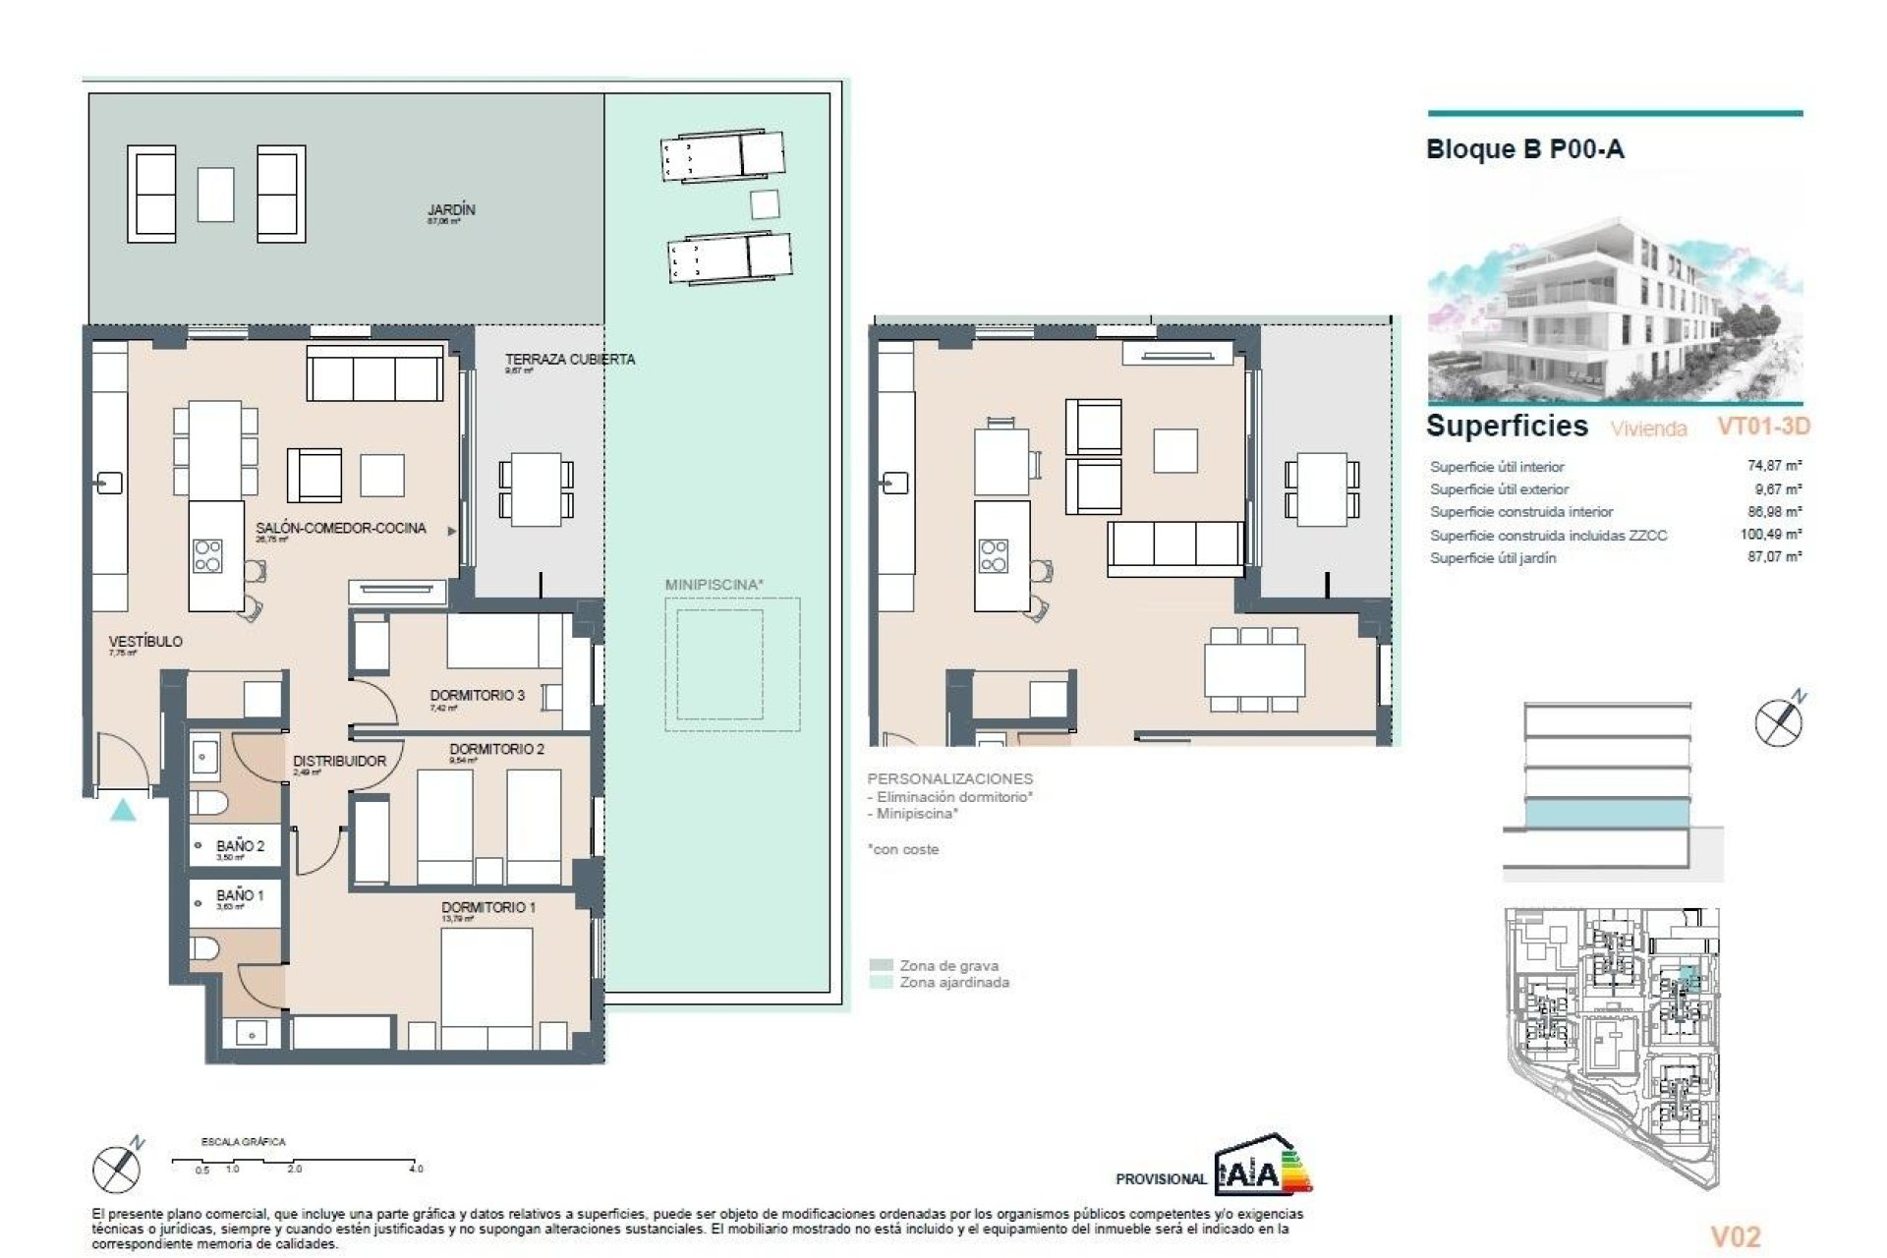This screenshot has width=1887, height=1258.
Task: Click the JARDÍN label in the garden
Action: (451, 209)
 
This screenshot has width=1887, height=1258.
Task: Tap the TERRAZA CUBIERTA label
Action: (570, 359)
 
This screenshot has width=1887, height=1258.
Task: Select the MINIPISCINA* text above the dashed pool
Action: (715, 585)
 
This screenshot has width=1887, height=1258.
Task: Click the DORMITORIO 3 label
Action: (477, 695)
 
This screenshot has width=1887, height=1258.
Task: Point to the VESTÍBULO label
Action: (145, 641)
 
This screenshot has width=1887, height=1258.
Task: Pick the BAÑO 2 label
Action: (240, 845)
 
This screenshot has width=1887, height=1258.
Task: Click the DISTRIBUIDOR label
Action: (339, 761)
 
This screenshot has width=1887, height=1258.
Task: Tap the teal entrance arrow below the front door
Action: (123, 811)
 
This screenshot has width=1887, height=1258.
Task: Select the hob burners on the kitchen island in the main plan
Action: (207, 555)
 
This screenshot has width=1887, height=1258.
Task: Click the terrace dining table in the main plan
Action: (536, 488)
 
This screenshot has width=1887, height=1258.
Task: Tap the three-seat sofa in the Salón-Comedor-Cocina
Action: (374, 373)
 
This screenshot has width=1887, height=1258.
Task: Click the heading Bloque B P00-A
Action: (1524, 149)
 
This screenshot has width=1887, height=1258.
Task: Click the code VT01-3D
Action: (1763, 426)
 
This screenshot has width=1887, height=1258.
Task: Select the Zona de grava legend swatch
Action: (881, 965)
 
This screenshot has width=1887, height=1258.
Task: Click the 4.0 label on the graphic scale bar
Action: (416, 1169)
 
